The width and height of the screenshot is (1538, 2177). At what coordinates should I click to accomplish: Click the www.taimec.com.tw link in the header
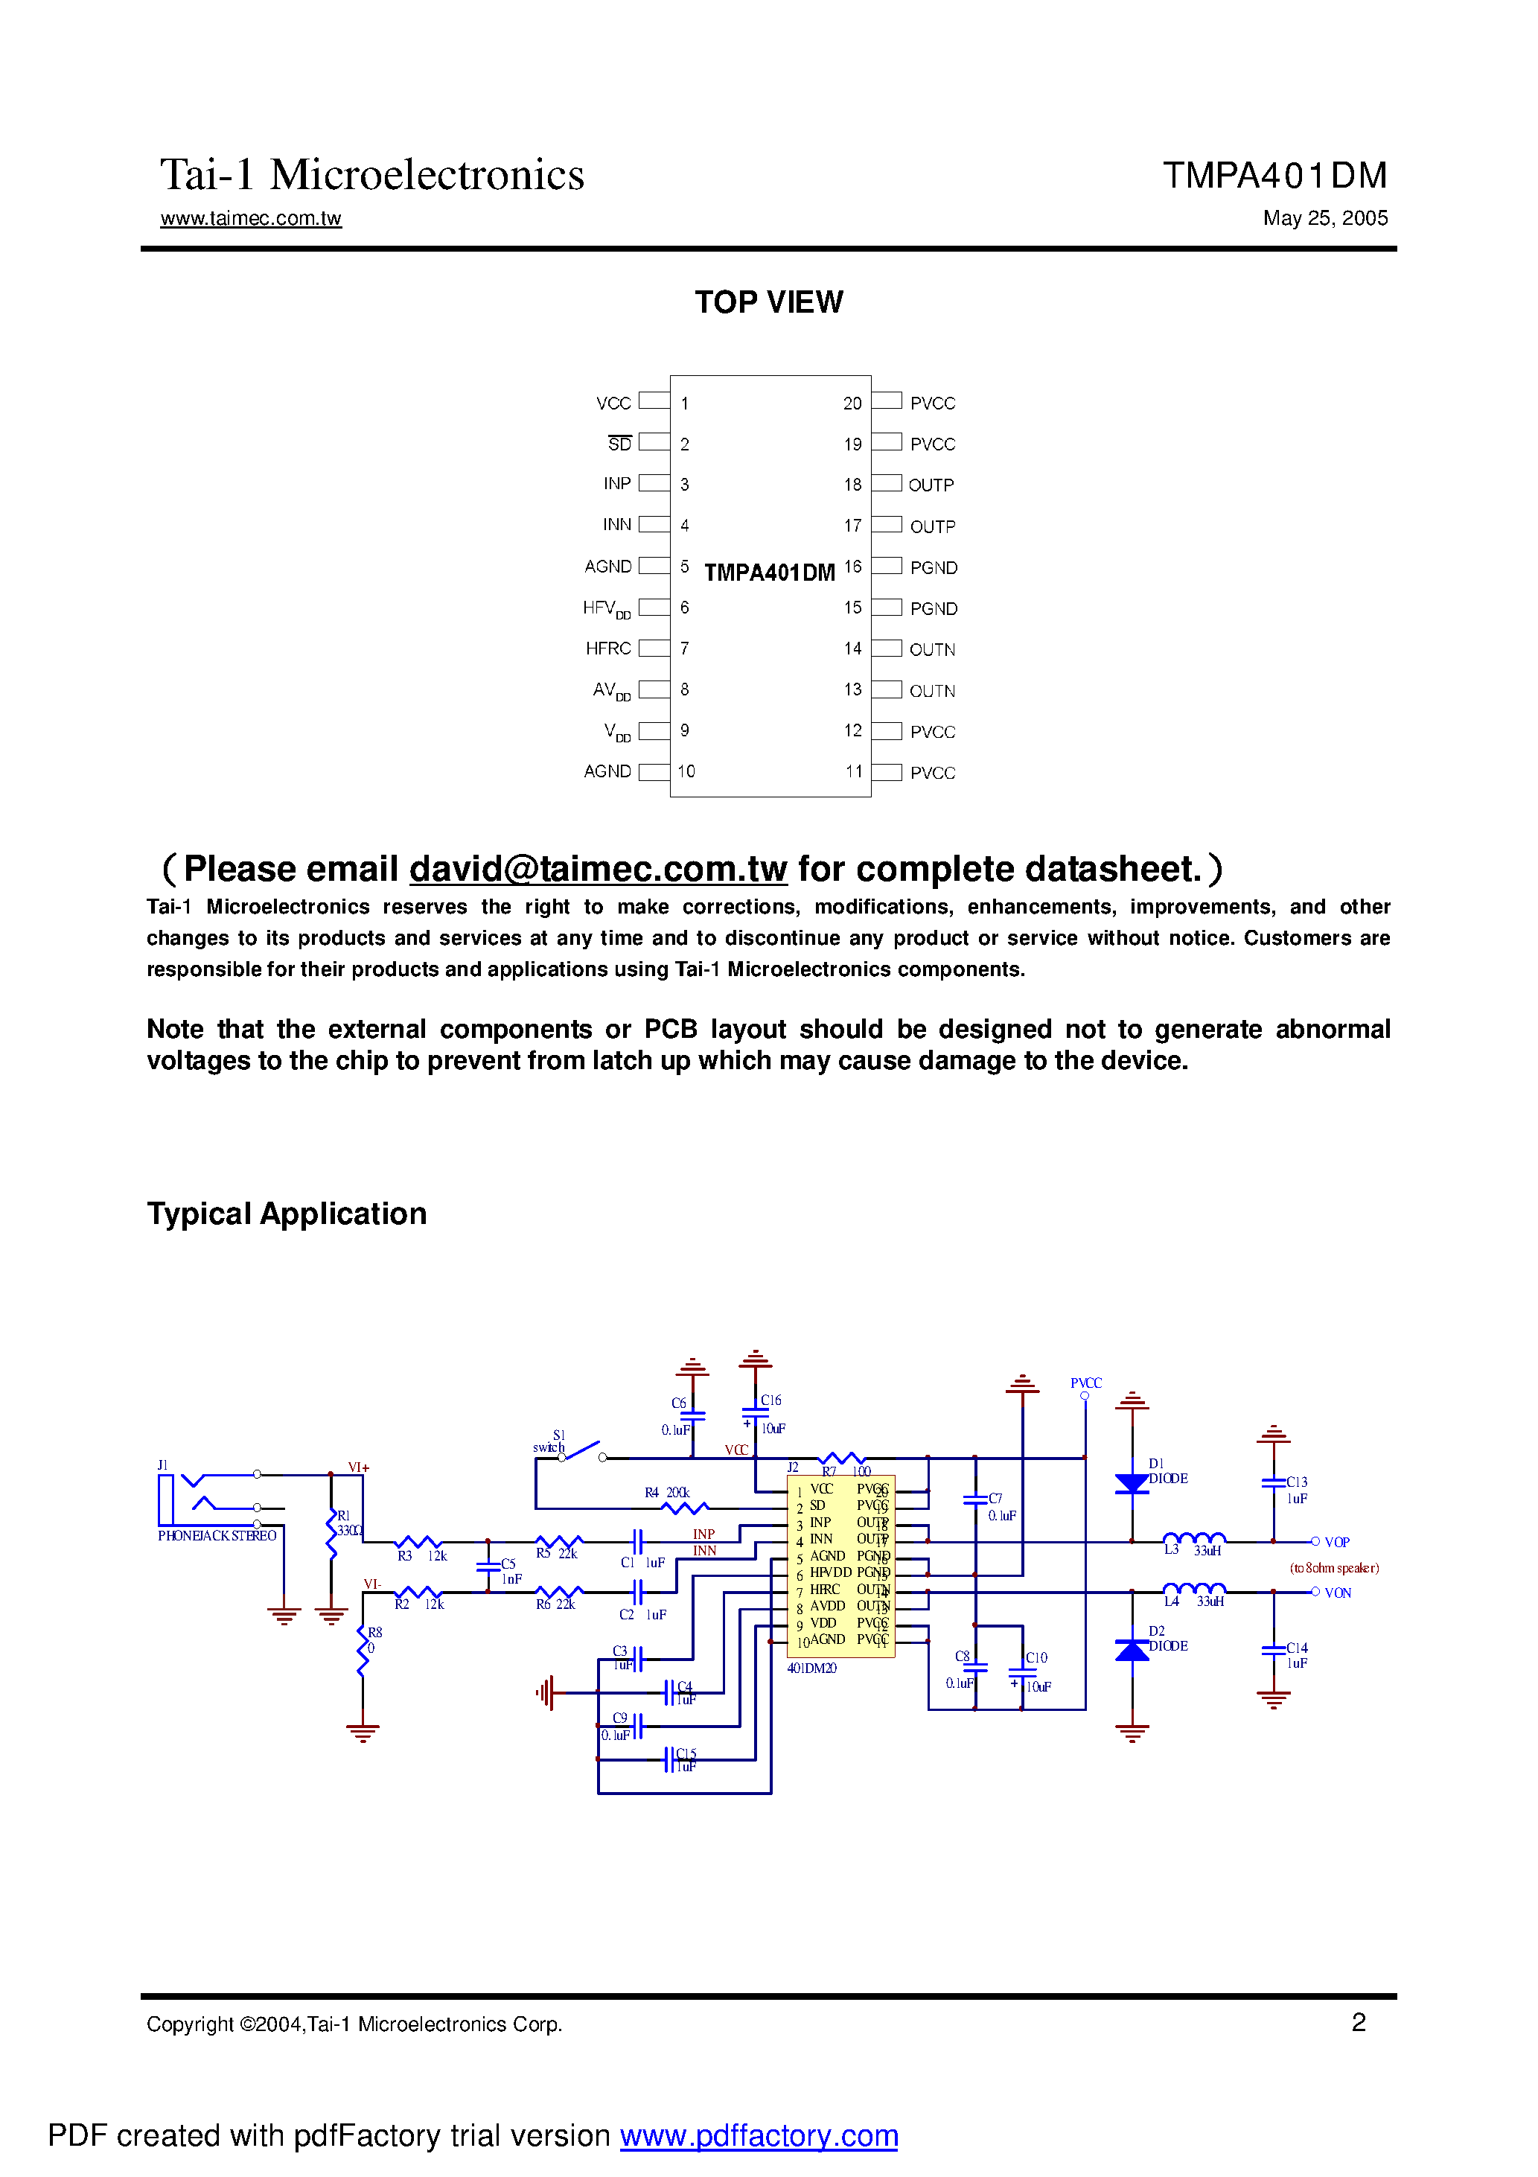(x=250, y=218)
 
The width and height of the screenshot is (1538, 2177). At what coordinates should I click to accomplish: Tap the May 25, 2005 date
(x=1324, y=218)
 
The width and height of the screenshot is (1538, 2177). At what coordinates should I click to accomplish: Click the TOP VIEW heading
(x=768, y=302)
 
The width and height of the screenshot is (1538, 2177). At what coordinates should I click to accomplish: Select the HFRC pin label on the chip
(x=607, y=648)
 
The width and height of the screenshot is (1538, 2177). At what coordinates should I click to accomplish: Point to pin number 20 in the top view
(x=852, y=403)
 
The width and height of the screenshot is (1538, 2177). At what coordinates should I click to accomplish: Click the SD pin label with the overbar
(x=619, y=444)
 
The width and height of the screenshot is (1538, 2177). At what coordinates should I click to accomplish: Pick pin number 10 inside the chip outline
(x=686, y=772)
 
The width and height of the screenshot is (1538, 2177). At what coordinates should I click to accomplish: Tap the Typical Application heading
(x=287, y=1214)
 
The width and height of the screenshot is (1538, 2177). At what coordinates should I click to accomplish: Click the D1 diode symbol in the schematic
(x=1132, y=1484)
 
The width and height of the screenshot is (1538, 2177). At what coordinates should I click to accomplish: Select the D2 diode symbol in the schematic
(x=1132, y=1651)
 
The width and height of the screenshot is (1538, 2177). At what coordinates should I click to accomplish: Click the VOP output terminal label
(x=1336, y=1543)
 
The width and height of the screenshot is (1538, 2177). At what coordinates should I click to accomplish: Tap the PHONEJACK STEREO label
(x=217, y=1536)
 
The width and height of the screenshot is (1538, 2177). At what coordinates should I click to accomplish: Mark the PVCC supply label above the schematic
(x=1085, y=1383)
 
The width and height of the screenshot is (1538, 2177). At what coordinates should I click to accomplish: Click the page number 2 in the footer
(x=1358, y=2022)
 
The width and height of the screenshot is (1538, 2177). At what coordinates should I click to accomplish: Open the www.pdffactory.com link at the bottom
(x=759, y=2135)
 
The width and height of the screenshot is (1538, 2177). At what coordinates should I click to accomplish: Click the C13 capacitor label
(x=1296, y=1482)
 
